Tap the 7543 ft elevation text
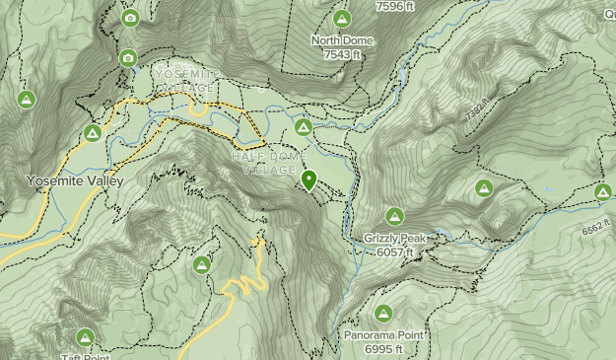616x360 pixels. click(342, 55)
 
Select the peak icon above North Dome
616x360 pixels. click(342, 19)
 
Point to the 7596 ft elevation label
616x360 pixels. click(397, 6)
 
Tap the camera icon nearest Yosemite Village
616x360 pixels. click(128, 58)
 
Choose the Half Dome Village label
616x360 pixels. click(269, 163)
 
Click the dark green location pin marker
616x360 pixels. click(309, 180)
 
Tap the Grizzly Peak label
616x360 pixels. click(394, 239)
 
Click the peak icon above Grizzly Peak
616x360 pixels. click(394, 216)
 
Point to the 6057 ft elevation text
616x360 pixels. click(395, 252)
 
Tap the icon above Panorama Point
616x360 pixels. click(382, 314)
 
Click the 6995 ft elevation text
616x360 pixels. click(383, 350)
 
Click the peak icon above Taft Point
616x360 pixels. click(85, 337)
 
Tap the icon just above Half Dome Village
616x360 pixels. click(304, 126)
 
